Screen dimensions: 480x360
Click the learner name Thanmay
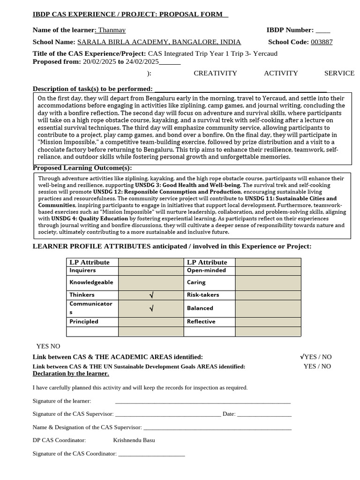112,30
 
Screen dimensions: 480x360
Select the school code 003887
322,42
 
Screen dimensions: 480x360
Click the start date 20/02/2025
99,61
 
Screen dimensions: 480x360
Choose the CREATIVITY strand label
215,73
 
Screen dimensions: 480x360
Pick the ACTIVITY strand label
281,73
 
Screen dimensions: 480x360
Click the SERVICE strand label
339,73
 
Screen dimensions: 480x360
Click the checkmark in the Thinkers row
151,295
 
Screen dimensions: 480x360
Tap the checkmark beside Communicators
151,308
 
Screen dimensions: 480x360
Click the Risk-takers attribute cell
210,295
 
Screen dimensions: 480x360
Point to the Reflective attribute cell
210,322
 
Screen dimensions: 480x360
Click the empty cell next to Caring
268,283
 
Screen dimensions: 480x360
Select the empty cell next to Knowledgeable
151,283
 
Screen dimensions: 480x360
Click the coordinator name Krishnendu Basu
134,440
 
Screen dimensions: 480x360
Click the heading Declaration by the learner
71,374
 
